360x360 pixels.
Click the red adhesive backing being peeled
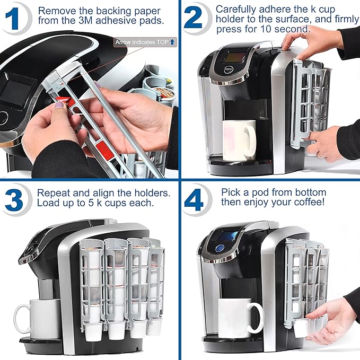[62, 101]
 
